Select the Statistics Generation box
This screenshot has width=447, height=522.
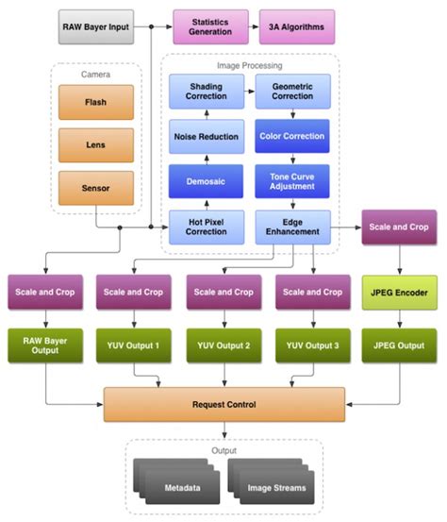coord(210,27)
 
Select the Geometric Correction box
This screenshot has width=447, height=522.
coord(292,93)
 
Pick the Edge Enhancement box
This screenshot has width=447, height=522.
coord(292,226)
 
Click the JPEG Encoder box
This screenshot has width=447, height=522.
coord(398,293)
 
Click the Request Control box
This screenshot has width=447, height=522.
coord(223,404)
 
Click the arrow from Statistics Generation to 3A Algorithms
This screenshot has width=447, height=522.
coord(255,27)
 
